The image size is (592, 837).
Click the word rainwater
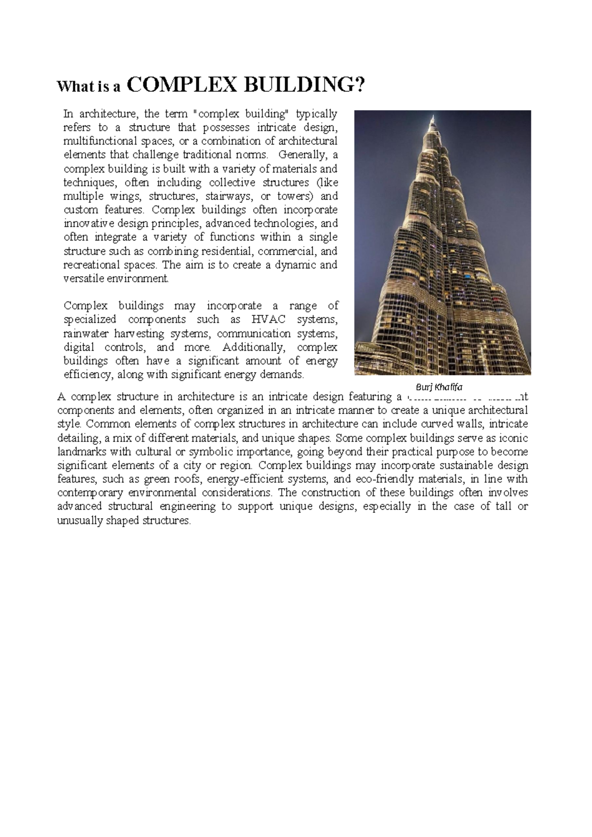point(86,333)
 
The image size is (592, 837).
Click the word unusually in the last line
point(79,521)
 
